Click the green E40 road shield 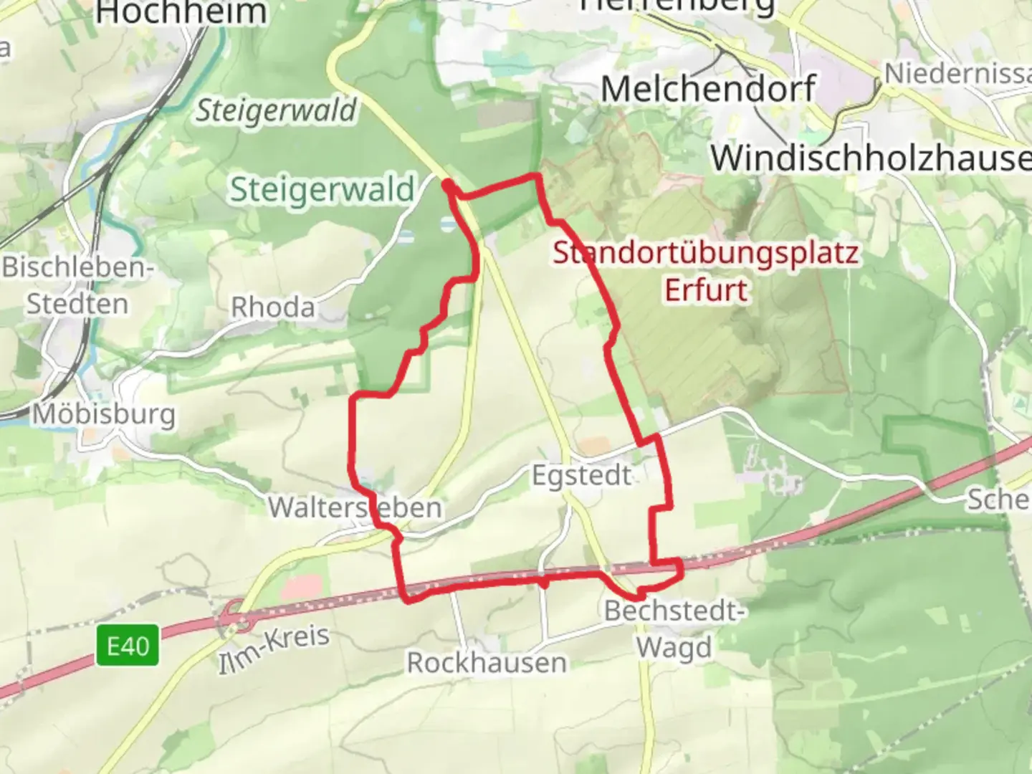click(x=128, y=646)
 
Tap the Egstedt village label click(x=581, y=475)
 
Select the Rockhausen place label click(x=487, y=662)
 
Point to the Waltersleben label click(x=355, y=507)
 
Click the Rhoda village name click(x=272, y=307)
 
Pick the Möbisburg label click(x=104, y=414)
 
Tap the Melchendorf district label click(x=708, y=89)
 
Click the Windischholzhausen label click(x=870, y=158)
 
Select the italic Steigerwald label click(x=276, y=110)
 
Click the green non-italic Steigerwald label click(x=322, y=189)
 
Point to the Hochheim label click(x=181, y=12)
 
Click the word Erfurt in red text click(x=706, y=290)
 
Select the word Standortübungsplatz click(x=706, y=253)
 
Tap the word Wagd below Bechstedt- click(x=674, y=646)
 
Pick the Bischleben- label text click(x=78, y=267)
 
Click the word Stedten click(x=77, y=303)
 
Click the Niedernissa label click(x=957, y=73)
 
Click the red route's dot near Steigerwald click(x=447, y=185)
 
